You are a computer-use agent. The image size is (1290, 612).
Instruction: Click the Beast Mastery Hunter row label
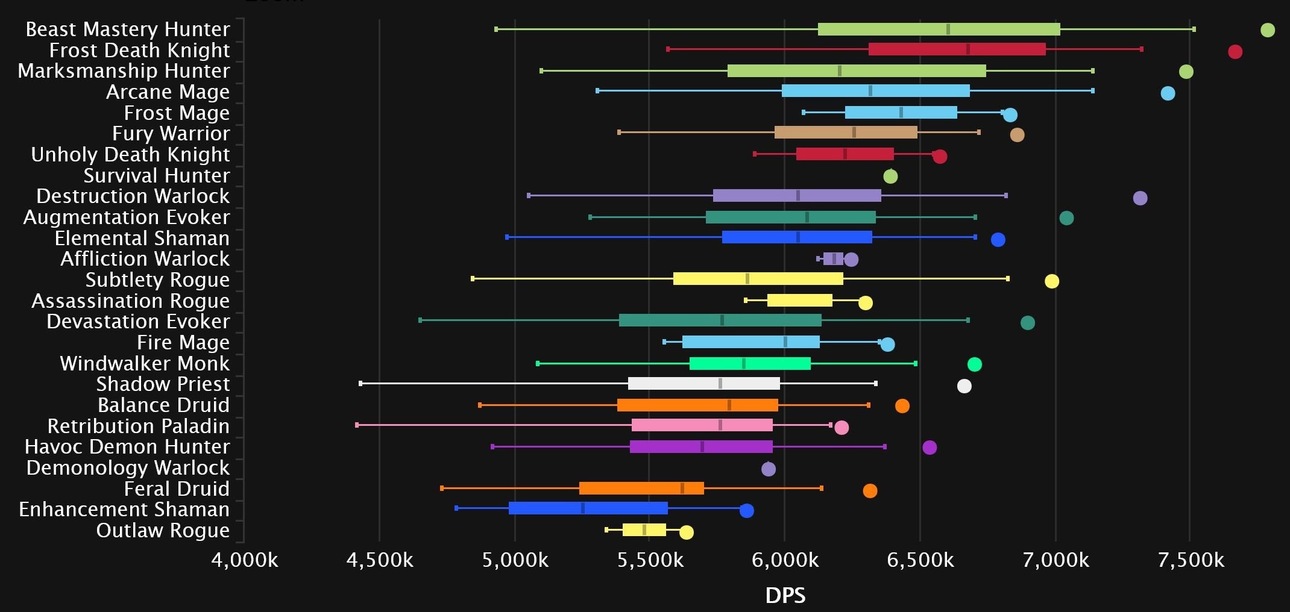(x=127, y=29)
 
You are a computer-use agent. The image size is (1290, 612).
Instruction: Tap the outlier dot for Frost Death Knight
(x=1235, y=52)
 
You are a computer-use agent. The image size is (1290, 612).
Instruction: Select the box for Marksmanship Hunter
(x=856, y=71)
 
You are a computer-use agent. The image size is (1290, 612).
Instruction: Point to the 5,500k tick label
(x=650, y=560)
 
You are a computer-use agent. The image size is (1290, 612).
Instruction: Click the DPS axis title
(x=785, y=595)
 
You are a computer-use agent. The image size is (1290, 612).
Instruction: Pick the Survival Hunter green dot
(x=890, y=176)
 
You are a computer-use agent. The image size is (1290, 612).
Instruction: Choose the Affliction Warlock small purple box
(x=832, y=259)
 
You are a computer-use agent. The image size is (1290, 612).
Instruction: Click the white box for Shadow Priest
(x=703, y=384)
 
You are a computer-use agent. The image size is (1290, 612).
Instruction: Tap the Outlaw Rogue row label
(x=163, y=530)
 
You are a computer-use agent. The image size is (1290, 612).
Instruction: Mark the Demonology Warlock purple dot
(x=768, y=469)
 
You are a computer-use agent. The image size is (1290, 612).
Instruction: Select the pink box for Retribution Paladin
(x=702, y=425)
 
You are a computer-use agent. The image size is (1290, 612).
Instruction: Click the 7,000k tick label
(x=1056, y=560)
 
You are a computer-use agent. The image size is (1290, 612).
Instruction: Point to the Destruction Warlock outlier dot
(x=1139, y=198)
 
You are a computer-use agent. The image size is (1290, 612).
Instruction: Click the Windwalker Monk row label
(x=145, y=363)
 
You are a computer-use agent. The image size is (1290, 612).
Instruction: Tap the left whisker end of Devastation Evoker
(x=420, y=320)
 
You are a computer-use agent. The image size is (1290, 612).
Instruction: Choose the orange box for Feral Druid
(x=641, y=488)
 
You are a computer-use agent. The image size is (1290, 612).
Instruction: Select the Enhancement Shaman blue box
(x=588, y=508)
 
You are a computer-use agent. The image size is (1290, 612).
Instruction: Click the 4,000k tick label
(x=244, y=560)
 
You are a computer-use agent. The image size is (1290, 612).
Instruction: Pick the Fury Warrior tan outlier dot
(x=1016, y=135)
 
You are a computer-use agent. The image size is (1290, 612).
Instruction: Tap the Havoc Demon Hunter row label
(x=127, y=446)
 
